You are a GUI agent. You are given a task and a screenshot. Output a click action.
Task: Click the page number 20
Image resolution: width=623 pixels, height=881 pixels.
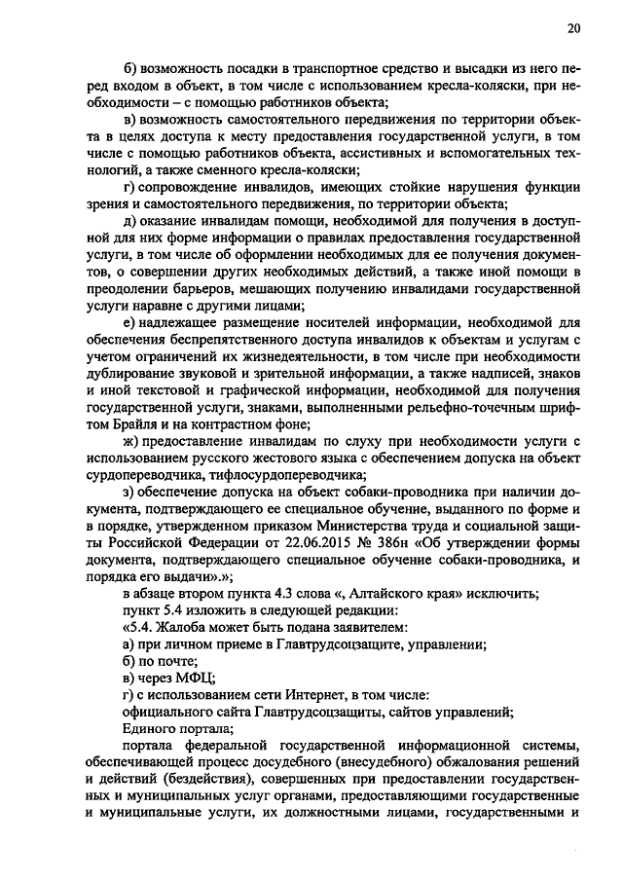click(x=573, y=29)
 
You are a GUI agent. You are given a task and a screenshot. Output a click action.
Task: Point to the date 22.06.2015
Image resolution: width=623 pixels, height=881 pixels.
click(x=337, y=542)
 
